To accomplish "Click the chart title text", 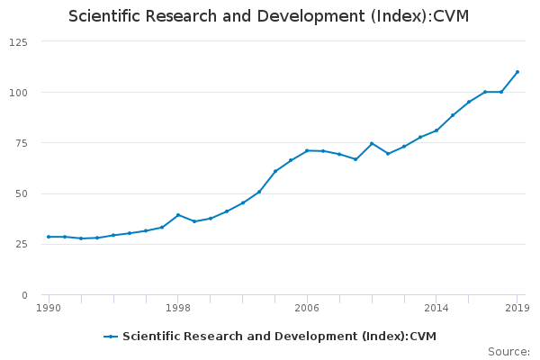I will pos(268,16).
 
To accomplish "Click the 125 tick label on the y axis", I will pos(17,42).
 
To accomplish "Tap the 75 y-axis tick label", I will pos(20,143).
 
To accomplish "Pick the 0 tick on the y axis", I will pos(23,295).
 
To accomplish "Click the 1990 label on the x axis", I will pos(49,308).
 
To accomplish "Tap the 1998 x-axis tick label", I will pos(178,308).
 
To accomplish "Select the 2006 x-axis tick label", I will pos(307,308).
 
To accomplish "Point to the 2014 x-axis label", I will pos(436,308).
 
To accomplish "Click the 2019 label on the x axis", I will pos(517,308).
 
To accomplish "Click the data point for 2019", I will pos(517,72).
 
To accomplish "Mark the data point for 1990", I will pos(49,237).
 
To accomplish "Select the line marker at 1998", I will pos(178,215).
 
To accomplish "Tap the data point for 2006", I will pos(307,150).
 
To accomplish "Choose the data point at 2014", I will pos(436,130).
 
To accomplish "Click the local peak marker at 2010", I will pos(372,143).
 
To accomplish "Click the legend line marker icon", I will pos(111,337).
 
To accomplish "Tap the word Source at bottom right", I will pos(508,352).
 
